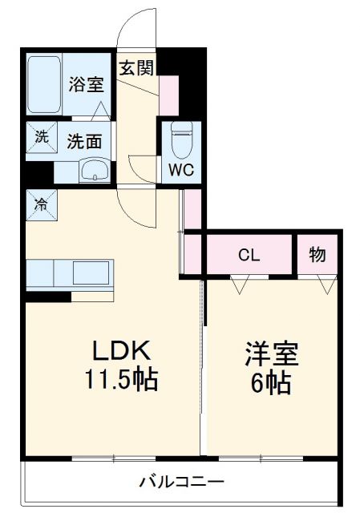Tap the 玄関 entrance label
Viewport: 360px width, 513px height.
click(x=136, y=68)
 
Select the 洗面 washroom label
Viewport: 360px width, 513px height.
click(x=84, y=141)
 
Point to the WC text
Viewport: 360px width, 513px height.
click(x=179, y=169)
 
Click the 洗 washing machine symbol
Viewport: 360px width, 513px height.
click(x=40, y=136)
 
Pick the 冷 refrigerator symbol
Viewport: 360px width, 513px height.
click(x=40, y=203)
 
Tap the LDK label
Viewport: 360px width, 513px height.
click(x=120, y=352)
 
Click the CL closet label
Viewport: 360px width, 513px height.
click(x=249, y=256)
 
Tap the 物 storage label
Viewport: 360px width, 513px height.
click(x=318, y=256)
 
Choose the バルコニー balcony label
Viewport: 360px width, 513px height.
click(x=181, y=483)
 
